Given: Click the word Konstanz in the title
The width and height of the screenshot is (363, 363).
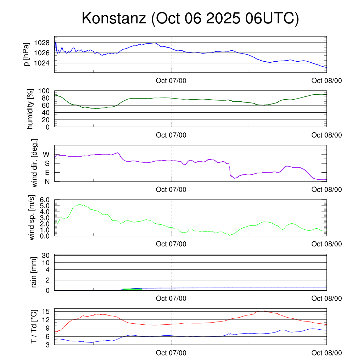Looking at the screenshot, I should coord(114,18).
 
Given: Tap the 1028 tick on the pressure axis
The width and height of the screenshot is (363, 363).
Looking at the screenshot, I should coord(42,43).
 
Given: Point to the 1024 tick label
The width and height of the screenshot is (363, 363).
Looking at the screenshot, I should coord(42,63).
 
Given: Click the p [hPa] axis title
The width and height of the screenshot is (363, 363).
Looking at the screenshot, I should coord(27,54).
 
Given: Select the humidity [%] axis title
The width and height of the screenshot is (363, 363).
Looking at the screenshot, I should coord(30,109).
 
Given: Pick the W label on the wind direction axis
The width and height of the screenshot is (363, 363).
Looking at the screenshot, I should coord(46,154).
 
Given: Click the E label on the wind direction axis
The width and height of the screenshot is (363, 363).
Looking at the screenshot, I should coord(47,173).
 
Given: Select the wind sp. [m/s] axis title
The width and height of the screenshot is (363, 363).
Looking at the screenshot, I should coord(32,218).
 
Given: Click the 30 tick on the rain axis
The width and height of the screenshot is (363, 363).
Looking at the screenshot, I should coord(46,255).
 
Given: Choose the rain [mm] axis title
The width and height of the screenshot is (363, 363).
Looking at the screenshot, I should coord(34,273).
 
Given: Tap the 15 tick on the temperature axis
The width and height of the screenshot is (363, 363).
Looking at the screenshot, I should coord(46,311).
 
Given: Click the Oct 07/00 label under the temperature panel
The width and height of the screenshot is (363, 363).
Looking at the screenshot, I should coord(171,353).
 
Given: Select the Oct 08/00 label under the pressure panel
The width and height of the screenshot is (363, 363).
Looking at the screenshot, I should coord(326,81).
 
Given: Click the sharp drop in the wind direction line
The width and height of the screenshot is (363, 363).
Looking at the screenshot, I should coord(230,169).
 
